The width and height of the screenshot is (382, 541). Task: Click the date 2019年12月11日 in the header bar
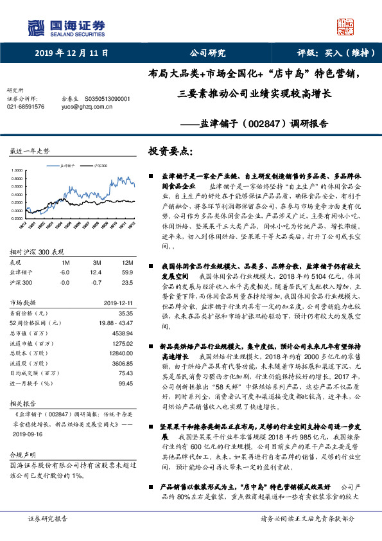click(x=71, y=53)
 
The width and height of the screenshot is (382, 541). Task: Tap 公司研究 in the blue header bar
click(x=207, y=53)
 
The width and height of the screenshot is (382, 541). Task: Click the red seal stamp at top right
click(x=346, y=26)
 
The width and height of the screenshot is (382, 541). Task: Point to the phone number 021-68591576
click(x=26, y=107)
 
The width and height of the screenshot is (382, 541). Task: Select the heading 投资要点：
click(x=170, y=152)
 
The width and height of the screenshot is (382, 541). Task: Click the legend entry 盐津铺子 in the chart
click(x=71, y=166)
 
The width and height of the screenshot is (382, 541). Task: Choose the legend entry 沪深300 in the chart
click(x=100, y=166)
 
